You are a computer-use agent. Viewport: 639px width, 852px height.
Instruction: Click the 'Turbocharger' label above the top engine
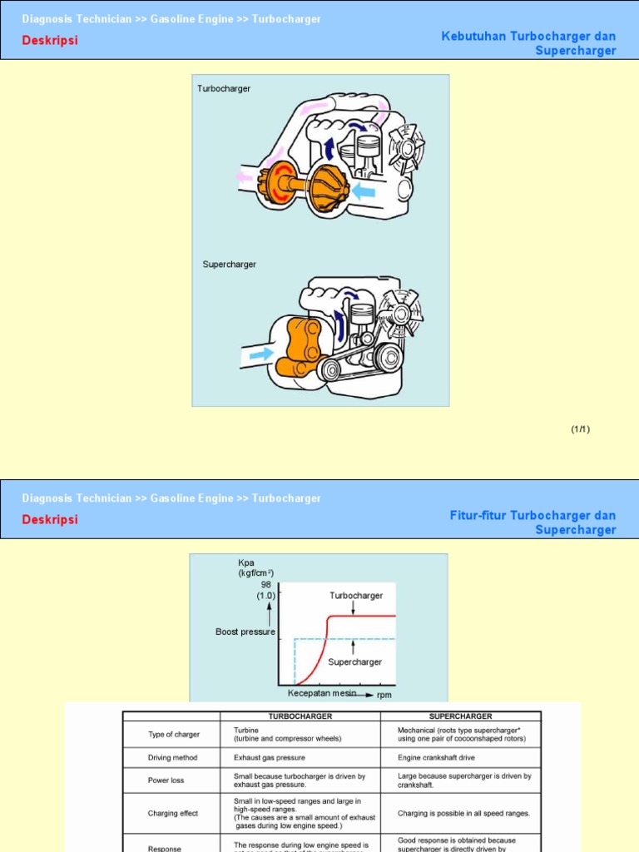(x=224, y=88)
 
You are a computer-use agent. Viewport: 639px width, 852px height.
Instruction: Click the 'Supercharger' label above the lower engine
(x=230, y=265)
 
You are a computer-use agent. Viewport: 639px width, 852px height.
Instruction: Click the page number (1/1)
(x=580, y=429)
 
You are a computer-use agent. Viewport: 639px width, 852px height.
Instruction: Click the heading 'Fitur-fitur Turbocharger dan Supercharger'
(x=532, y=523)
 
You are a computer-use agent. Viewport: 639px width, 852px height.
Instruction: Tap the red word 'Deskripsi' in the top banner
(x=50, y=40)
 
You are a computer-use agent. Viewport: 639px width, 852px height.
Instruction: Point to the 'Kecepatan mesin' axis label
(x=321, y=693)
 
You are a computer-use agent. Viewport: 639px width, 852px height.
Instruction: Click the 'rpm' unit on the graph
(x=384, y=695)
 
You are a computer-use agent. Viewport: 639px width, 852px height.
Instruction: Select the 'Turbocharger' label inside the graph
(x=356, y=596)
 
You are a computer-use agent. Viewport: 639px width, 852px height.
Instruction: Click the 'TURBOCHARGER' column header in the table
(x=300, y=716)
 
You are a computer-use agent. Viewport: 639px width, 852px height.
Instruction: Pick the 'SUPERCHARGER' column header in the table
(x=460, y=716)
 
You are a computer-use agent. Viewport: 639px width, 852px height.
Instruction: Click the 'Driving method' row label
(x=172, y=758)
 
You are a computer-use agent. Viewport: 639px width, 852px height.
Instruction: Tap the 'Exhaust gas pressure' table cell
(x=269, y=758)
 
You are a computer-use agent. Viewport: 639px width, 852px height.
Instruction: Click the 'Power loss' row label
(x=166, y=780)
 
